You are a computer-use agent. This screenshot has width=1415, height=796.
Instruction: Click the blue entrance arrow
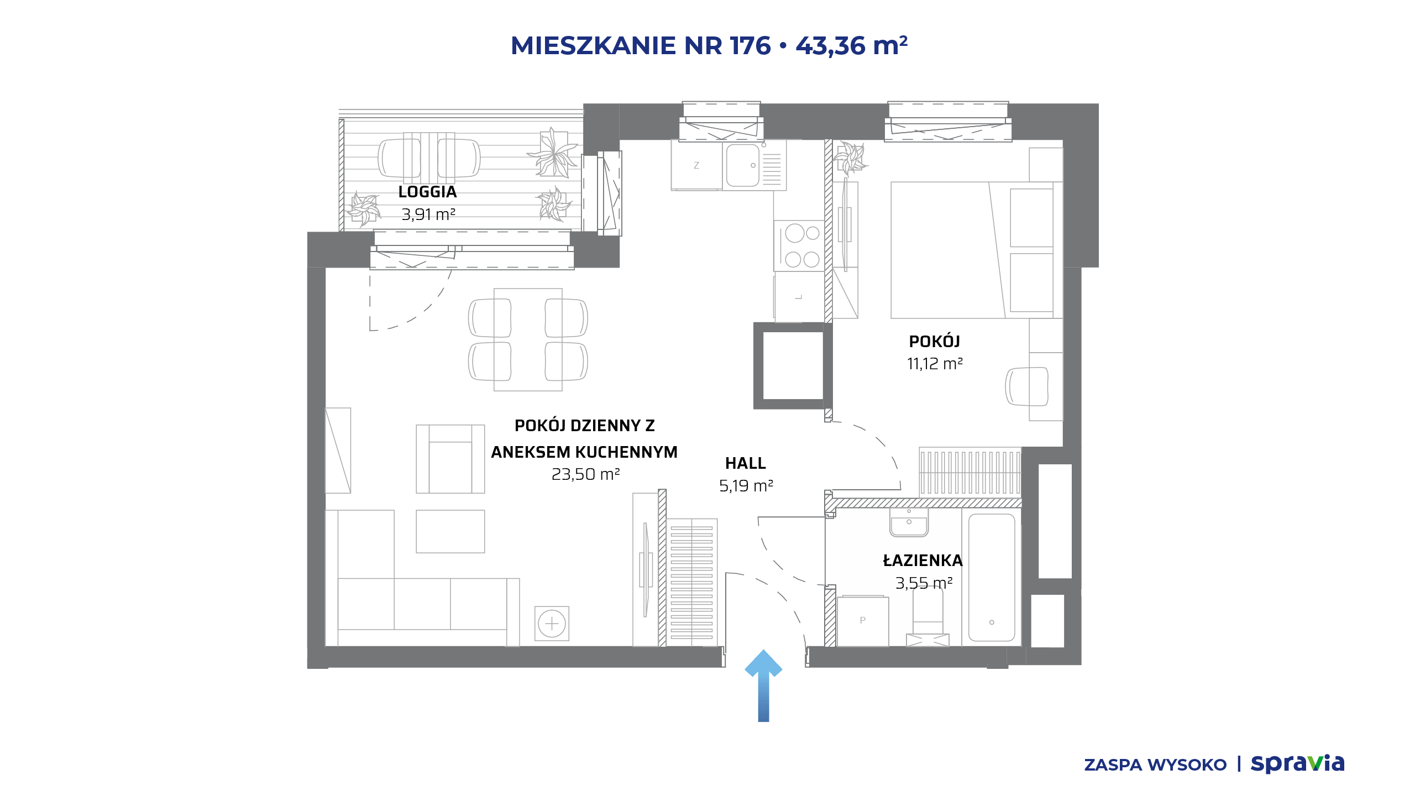pyautogui.click(x=763, y=685)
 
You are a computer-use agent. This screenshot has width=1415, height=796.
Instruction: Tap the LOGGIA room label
pyautogui.click(x=427, y=192)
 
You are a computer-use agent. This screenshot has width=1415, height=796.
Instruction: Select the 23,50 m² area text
pyautogui.click(x=585, y=474)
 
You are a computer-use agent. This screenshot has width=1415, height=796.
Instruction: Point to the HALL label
pyautogui.click(x=746, y=463)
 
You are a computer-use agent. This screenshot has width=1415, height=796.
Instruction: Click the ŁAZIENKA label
pyautogui.click(x=923, y=561)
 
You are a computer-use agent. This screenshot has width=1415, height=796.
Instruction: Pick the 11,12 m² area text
pyautogui.click(x=935, y=364)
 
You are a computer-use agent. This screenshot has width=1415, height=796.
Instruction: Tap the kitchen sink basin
pyautogui.click(x=742, y=165)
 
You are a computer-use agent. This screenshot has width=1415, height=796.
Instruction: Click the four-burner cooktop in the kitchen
pyautogui.click(x=799, y=246)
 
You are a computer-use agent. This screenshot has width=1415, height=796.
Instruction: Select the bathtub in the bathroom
pyautogui.click(x=992, y=577)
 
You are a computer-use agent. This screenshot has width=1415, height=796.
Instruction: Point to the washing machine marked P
pyautogui.click(x=863, y=621)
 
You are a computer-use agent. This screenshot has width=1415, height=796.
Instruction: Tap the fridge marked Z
pyautogui.click(x=696, y=165)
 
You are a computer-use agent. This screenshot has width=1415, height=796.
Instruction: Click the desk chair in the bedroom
pyautogui.click(x=1026, y=386)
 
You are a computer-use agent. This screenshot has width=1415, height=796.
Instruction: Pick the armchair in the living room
pyautogui.click(x=450, y=459)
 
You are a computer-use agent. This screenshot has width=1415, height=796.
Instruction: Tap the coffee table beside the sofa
pyautogui.click(x=450, y=531)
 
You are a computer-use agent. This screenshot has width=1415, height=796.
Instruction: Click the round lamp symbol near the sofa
pyautogui.click(x=552, y=624)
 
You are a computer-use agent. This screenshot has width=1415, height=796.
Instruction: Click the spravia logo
pyautogui.click(x=1297, y=763)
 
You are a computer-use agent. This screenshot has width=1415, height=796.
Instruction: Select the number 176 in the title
pyautogui.click(x=750, y=45)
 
